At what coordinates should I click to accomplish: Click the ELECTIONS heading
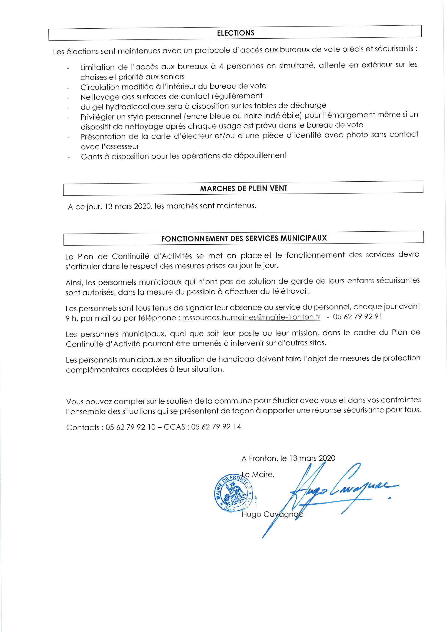pyautogui.click(x=235, y=33)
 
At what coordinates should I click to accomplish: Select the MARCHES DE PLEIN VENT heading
pyautogui.click(x=243, y=188)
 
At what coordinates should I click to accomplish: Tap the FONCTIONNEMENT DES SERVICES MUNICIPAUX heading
pyautogui.click(x=244, y=238)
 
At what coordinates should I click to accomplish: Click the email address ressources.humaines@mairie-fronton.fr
pyautogui.click(x=251, y=317)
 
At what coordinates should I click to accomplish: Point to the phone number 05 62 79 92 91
pyautogui.click(x=357, y=316)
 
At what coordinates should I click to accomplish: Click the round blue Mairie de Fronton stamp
pyautogui.click(x=233, y=494)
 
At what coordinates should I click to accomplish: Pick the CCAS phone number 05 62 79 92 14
pyautogui.click(x=216, y=427)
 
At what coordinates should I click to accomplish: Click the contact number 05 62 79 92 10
pyautogui.click(x=131, y=427)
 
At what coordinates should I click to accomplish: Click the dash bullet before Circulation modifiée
pyautogui.click(x=68, y=88)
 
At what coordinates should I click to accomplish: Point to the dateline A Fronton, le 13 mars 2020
pyautogui.click(x=288, y=458)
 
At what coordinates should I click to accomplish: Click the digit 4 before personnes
pyautogui.click(x=221, y=66)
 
